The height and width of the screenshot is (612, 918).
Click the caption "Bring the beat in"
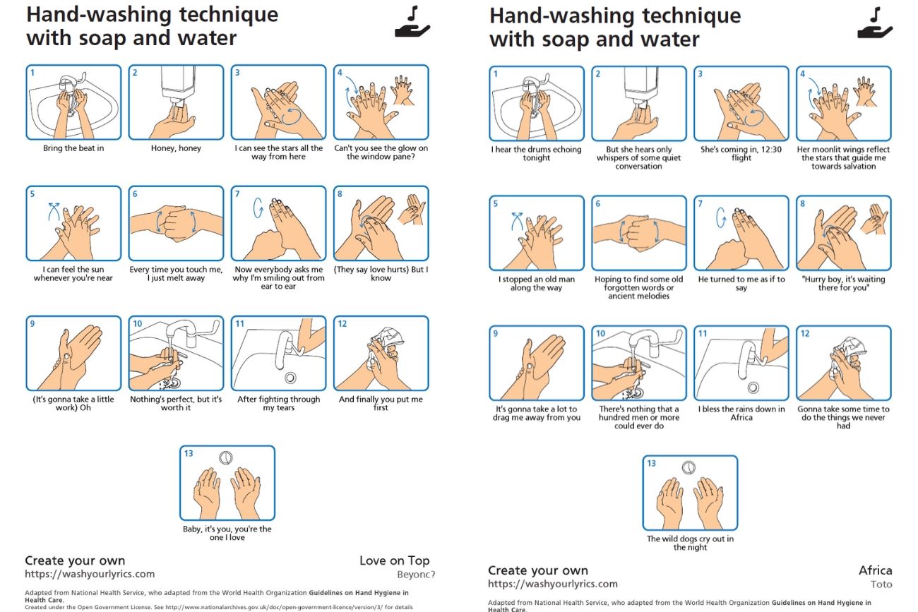[73, 148]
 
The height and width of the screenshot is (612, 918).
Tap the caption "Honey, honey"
[176, 148]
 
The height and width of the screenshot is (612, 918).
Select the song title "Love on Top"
[394, 560]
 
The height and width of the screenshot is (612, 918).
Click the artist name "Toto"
[881, 584]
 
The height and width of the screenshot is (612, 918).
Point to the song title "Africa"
[876, 570]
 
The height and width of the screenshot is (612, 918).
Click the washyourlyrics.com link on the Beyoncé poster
[90, 574]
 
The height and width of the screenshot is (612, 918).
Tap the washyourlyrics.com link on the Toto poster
[552, 584]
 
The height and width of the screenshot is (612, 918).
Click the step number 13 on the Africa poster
[651, 463]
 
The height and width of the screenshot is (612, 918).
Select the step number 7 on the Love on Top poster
[237, 193]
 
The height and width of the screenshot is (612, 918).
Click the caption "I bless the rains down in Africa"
[741, 414]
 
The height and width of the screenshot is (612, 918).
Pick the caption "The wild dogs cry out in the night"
[690, 544]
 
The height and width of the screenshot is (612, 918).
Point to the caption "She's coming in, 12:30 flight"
[741, 154]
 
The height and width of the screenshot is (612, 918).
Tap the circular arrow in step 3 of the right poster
[754, 118]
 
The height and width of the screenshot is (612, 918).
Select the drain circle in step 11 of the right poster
[753, 388]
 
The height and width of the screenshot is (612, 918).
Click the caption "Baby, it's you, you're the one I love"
[227, 534]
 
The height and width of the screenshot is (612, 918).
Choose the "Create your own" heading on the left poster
[75, 560]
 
